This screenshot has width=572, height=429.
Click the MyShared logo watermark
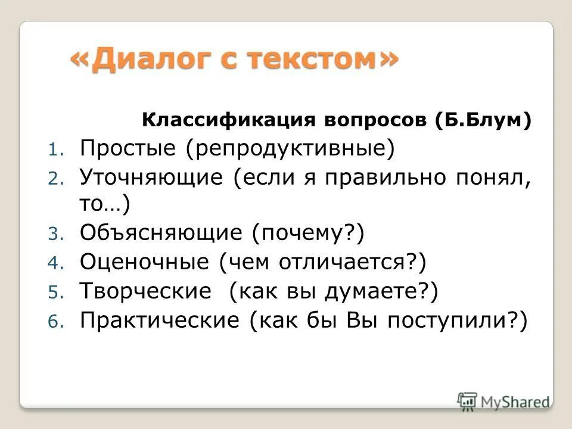pyautogui.click(x=503, y=401)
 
